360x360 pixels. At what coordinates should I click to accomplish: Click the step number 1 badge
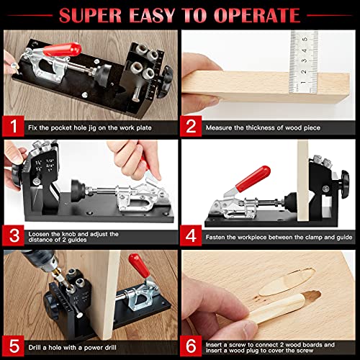coord(14,127)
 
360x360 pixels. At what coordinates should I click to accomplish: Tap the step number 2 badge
coord(192,127)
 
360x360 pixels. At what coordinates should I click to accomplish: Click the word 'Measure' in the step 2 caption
coord(220,127)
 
